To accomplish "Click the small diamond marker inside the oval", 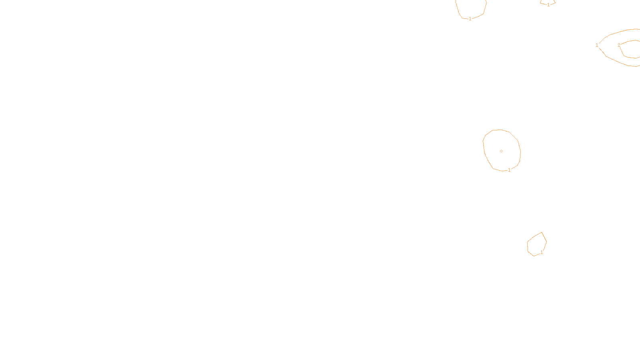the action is pos(501,151).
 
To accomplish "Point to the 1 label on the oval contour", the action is pos(509,170).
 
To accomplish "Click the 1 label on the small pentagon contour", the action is pos(542,252).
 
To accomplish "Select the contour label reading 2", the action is pos(619,45).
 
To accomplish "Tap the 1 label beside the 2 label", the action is pos(597,45).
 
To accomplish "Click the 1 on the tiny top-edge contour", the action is pos(548,5).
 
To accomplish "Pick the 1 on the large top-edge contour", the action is pos(470,19).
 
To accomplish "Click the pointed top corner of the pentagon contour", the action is pos(542,232).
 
